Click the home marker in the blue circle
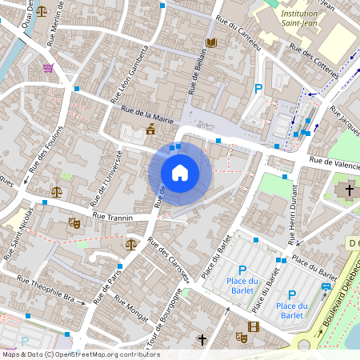coord(180,173)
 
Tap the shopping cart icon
coord(48,68)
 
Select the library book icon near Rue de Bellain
coord(211,42)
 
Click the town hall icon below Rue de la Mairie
coord(150,130)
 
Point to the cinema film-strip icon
coord(254,326)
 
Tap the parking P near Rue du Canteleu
coord(258,90)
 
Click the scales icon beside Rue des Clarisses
coord(131,244)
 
